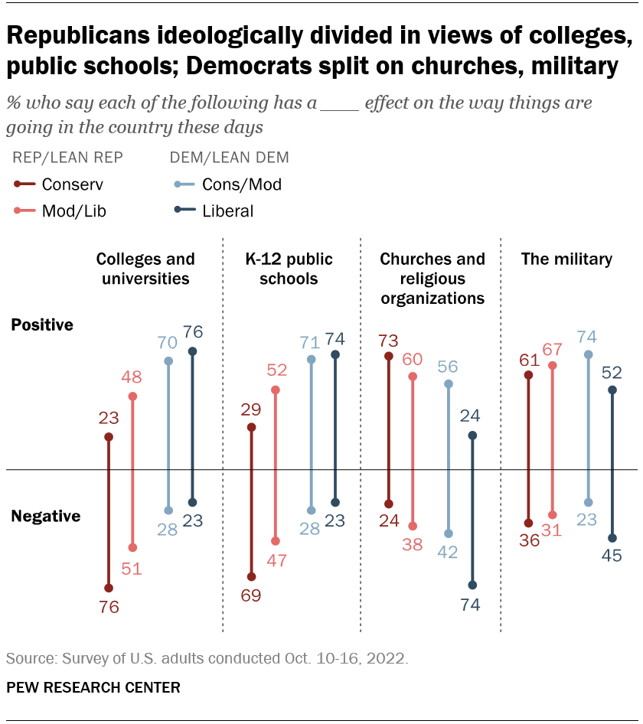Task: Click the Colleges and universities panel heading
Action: [x=145, y=269]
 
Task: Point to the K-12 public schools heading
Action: [x=289, y=269]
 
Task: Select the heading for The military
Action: [x=566, y=259]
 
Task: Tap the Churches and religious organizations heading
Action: [x=432, y=279]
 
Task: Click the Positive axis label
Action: [x=42, y=325]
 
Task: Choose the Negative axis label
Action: [x=45, y=517]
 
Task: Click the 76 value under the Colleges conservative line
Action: [x=108, y=608]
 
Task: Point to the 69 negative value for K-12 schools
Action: [x=251, y=595]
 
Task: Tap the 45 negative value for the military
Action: [x=612, y=556]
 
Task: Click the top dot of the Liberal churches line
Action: [x=472, y=435]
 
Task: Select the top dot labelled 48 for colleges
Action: [x=132, y=396]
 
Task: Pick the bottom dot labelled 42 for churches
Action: [x=449, y=533]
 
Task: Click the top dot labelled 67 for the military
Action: [x=553, y=366]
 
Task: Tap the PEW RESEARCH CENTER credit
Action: [x=93, y=687]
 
